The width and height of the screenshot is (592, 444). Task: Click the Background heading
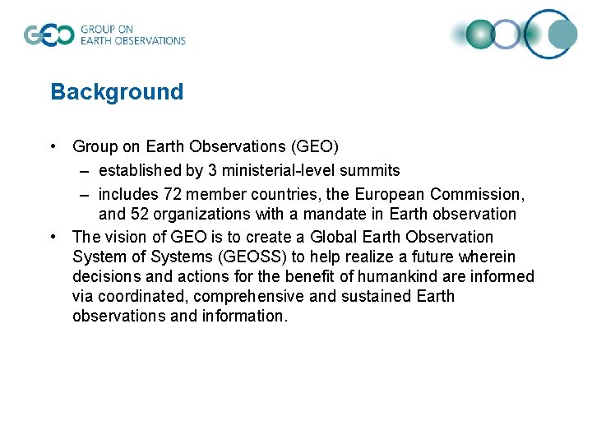pos(117,91)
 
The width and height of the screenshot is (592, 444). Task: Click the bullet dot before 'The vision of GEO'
pos(53,237)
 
